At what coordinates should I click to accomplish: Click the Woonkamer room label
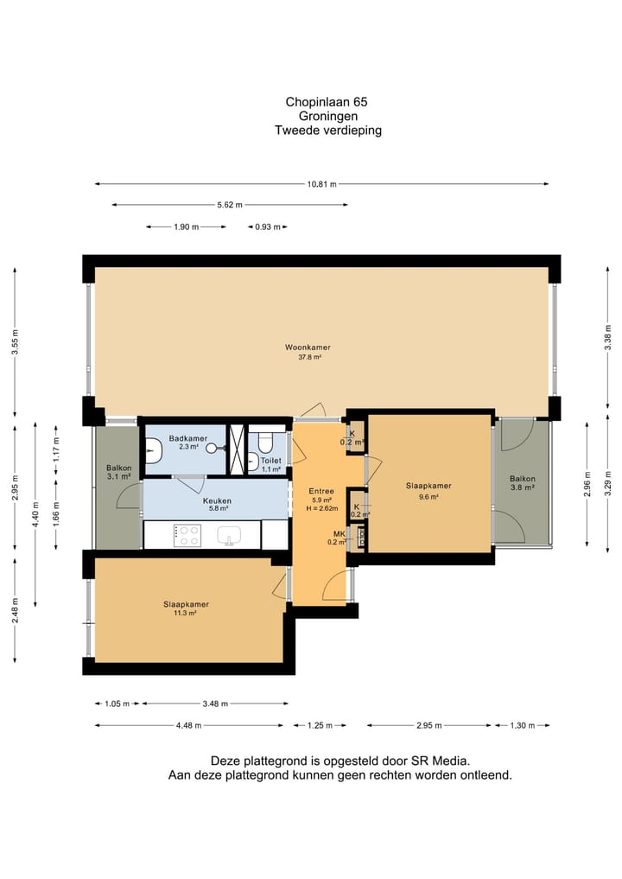coord(308,347)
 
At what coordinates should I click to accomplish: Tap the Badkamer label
coord(188,438)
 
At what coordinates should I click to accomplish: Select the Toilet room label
coord(271,460)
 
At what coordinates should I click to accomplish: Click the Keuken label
coord(217,500)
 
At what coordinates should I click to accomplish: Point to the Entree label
coord(321,491)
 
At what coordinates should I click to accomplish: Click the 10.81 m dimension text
coord(321,184)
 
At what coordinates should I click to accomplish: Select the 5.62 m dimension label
coord(230,205)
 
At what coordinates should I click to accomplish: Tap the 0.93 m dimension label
coord(268,227)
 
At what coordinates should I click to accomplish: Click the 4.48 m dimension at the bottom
coord(188,725)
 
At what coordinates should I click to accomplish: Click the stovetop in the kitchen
coord(187,535)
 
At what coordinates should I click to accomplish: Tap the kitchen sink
coord(229,536)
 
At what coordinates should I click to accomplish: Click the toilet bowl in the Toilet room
coord(264,444)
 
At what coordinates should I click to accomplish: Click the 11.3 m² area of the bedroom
coord(186,614)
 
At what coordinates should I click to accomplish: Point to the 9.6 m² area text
coord(428,496)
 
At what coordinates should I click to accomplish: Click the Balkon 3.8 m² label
coord(523,483)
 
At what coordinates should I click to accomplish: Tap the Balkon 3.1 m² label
coord(119,472)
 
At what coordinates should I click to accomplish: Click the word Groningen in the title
coord(327,116)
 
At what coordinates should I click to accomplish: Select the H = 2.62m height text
coord(322,508)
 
